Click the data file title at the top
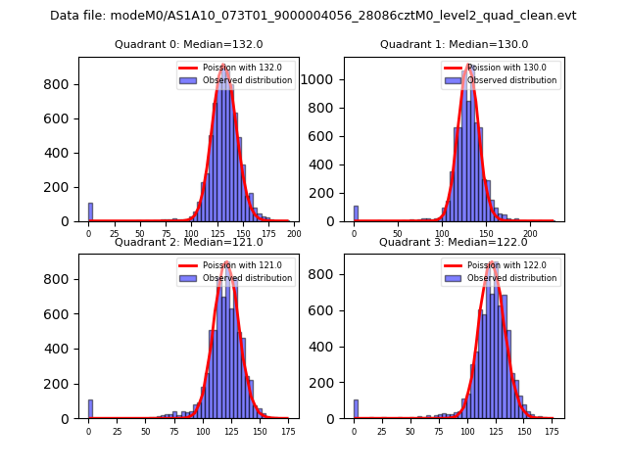(313, 16)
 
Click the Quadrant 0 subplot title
(189, 44)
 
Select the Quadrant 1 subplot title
(454, 44)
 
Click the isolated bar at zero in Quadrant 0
(90, 212)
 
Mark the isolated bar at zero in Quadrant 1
(356, 213)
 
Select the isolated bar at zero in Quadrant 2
(90, 409)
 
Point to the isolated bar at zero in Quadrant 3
(356, 409)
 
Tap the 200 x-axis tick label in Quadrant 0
(293, 234)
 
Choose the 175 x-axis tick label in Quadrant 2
(289, 431)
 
